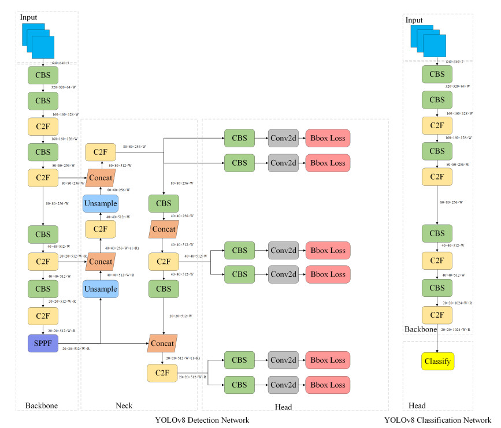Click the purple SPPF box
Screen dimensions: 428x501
point(43,343)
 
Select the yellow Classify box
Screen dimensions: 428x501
point(437,362)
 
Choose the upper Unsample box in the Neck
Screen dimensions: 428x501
point(101,204)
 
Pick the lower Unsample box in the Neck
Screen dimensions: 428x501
point(101,289)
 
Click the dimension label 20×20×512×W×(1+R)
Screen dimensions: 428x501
point(183,358)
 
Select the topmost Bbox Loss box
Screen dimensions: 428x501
point(328,138)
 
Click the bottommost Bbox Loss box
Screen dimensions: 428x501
point(328,384)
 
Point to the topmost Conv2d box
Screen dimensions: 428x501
point(283,138)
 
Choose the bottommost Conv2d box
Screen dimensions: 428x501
point(283,384)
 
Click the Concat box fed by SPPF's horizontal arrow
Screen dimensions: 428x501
point(162,343)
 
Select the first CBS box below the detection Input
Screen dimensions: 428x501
point(43,75)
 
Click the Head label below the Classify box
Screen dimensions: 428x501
point(417,405)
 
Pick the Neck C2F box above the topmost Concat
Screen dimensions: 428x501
point(101,152)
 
